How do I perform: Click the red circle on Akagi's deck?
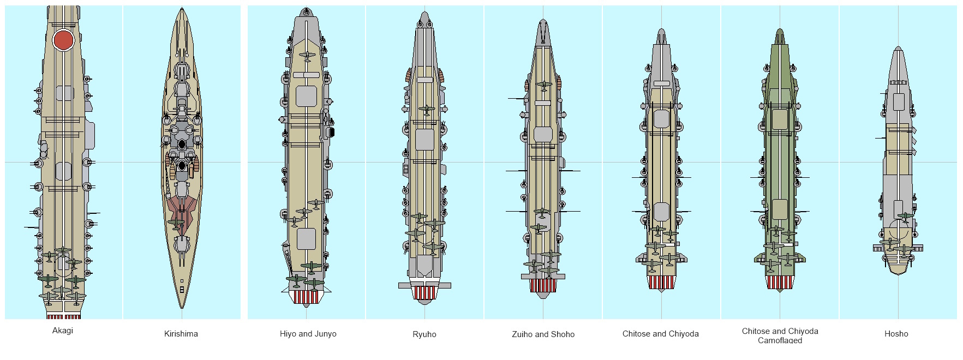[64, 40]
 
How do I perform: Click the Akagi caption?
[62, 331]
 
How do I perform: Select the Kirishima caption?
[181, 334]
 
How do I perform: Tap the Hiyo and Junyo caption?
[308, 334]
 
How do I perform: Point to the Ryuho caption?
[424, 334]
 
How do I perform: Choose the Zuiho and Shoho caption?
[543, 334]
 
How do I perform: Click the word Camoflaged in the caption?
[780, 340]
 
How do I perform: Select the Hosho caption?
[896, 334]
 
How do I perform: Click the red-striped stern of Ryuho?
[424, 292]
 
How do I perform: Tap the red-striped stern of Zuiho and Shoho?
[543, 285]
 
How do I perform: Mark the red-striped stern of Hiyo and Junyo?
[306, 297]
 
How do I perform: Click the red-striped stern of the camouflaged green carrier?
[780, 282]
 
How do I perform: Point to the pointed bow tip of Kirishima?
[182, 9]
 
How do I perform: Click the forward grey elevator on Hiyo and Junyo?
[306, 96]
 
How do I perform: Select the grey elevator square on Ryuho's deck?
[424, 139]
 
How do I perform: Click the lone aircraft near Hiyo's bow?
[306, 55]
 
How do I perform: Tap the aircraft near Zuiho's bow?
[543, 85]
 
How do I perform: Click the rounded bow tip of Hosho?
[898, 49]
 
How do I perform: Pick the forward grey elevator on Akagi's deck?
[64, 94]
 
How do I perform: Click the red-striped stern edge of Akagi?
[64, 316]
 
